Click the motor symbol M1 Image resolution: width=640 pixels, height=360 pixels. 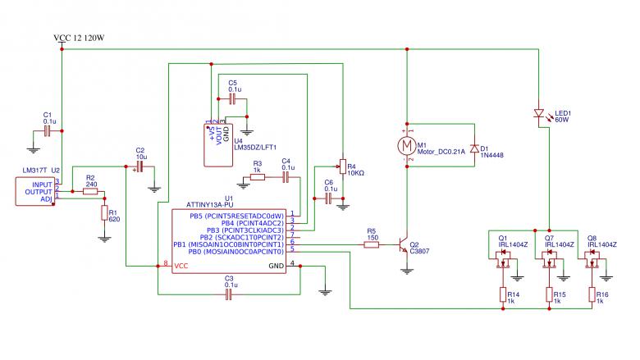pyautogui.click(x=406, y=145)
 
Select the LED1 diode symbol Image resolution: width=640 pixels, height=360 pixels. pyautogui.click(x=539, y=113)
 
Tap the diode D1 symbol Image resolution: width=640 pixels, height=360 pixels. pyautogui.click(x=474, y=148)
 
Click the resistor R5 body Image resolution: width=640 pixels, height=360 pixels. pyautogui.click(x=371, y=244)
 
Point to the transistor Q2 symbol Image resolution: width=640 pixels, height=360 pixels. pyautogui.click(x=403, y=244)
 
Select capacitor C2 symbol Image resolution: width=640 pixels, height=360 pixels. pyautogui.click(x=139, y=166)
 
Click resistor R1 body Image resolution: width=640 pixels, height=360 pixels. pyautogui.click(x=104, y=213)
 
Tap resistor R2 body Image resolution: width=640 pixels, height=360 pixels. pyautogui.click(x=90, y=191)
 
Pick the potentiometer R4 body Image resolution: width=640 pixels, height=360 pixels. pyautogui.click(x=343, y=166)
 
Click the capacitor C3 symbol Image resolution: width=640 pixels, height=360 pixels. pyautogui.click(x=229, y=294)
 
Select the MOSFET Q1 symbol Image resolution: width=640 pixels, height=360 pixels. pyautogui.click(x=504, y=259)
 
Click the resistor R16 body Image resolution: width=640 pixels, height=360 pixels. pyautogui.click(x=592, y=294)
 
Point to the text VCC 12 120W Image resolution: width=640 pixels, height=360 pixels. pyautogui.click(x=79, y=38)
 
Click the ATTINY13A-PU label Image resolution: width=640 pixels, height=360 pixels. pyautogui.click(x=210, y=205)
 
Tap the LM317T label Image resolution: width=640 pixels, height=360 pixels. pyautogui.click(x=34, y=171)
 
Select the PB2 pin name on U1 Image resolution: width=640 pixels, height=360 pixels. pyautogui.click(x=206, y=237)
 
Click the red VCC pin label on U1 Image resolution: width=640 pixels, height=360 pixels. pyautogui.click(x=181, y=266)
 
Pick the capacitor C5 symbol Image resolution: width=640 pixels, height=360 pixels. pyautogui.click(x=233, y=98)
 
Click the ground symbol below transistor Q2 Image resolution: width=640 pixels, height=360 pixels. pyautogui.click(x=406, y=271)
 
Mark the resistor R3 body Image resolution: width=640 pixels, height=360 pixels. pyautogui.click(x=257, y=177)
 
